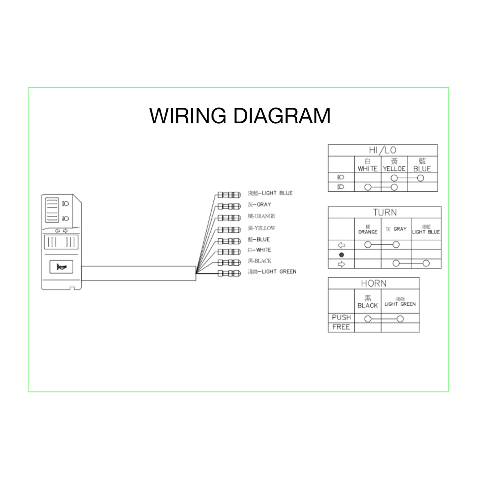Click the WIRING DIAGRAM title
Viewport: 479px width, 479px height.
pos(240,116)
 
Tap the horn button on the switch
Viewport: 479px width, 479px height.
pos(61,267)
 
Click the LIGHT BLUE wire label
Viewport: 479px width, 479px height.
pos(270,193)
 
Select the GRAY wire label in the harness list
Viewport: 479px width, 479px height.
pos(260,205)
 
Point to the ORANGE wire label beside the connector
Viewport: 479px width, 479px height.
pos(262,216)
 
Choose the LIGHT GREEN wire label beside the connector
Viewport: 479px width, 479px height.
pos(272,272)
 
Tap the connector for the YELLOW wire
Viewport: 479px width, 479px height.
pos(229,230)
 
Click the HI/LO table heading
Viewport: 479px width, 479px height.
pos(383,150)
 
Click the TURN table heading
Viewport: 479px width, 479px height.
pos(385,212)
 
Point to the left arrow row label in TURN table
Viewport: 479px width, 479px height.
pos(341,245)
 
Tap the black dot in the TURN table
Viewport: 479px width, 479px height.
pos(341,255)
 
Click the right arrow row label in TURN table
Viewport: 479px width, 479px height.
pos(341,264)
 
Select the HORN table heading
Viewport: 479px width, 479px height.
pos(374,283)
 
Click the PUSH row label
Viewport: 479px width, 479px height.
pos(341,318)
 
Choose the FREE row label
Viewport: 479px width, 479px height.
pos(341,327)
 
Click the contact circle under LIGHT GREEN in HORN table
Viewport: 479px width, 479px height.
pos(400,319)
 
